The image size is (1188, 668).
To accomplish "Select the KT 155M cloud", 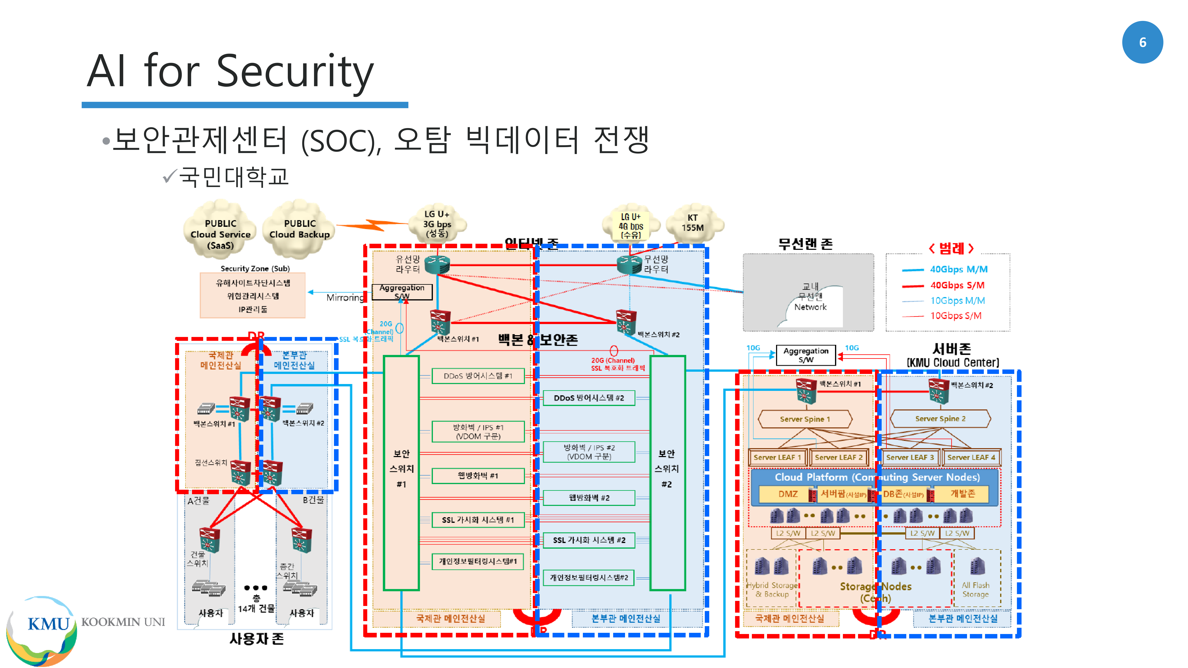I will tap(693, 223).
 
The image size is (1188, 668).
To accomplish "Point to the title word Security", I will tap(295, 71).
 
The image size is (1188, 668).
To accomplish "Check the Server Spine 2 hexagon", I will tap(940, 419).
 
